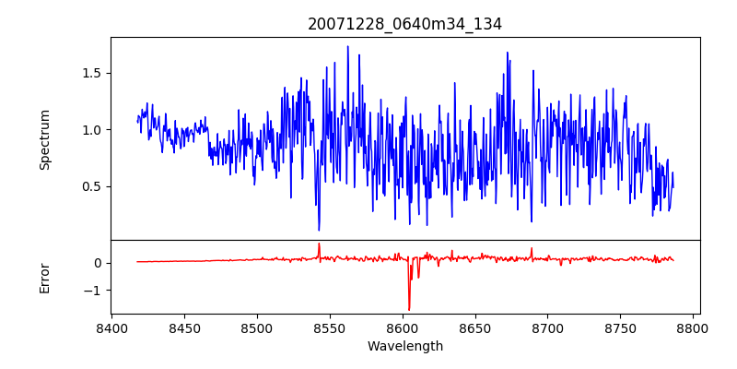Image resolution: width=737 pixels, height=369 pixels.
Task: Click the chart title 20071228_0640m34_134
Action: point(404,25)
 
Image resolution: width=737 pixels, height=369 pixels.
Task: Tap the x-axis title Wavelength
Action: point(404,346)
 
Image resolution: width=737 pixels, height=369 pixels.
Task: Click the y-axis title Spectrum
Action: point(45,139)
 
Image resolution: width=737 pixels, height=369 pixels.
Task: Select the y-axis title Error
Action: point(45,277)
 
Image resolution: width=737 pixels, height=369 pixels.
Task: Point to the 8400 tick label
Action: point(111,327)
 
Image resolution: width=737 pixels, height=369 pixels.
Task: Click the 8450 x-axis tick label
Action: point(184,327)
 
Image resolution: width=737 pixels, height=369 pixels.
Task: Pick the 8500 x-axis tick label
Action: point(257,327)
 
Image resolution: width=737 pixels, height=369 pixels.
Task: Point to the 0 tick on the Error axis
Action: point(96,263)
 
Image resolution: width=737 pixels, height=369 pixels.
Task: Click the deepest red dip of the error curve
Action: point(409,309)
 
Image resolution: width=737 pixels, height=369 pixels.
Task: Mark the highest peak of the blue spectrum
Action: point(347,47)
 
